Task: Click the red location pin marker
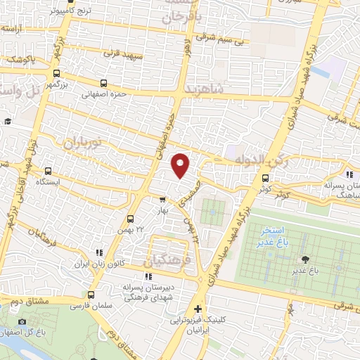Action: point(181,165)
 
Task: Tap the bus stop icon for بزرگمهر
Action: point(56,72)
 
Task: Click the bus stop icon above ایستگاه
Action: point(49,171)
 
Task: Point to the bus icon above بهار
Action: point(162,199)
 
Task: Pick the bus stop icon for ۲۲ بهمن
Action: point(130,219)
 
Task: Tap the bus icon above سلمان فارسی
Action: point(90,295)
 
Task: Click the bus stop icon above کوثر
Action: point(265,179)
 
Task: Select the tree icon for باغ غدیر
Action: point(304,259)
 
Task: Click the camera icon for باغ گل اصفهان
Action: point(22,322)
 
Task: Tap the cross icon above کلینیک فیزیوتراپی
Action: point(198,309)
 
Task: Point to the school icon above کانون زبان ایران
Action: point(99,252)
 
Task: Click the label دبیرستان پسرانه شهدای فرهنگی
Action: point(149,293)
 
